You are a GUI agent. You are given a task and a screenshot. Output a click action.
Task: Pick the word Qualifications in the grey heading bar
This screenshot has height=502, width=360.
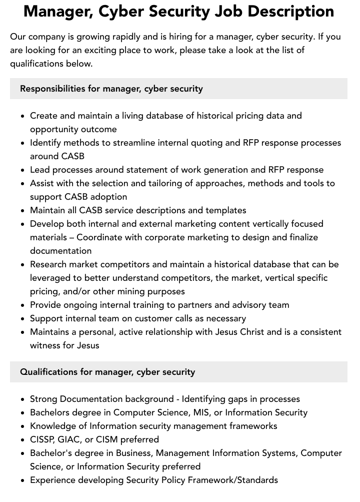click(x=47, y=372)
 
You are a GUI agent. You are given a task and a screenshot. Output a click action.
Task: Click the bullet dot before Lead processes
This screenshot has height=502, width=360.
click(x=23, y=170)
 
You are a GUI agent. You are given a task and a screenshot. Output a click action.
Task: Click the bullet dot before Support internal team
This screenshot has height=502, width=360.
click(x=23, y=319)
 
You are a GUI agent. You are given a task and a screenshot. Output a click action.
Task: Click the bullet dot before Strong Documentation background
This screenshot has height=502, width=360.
click(x=23, y=399)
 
